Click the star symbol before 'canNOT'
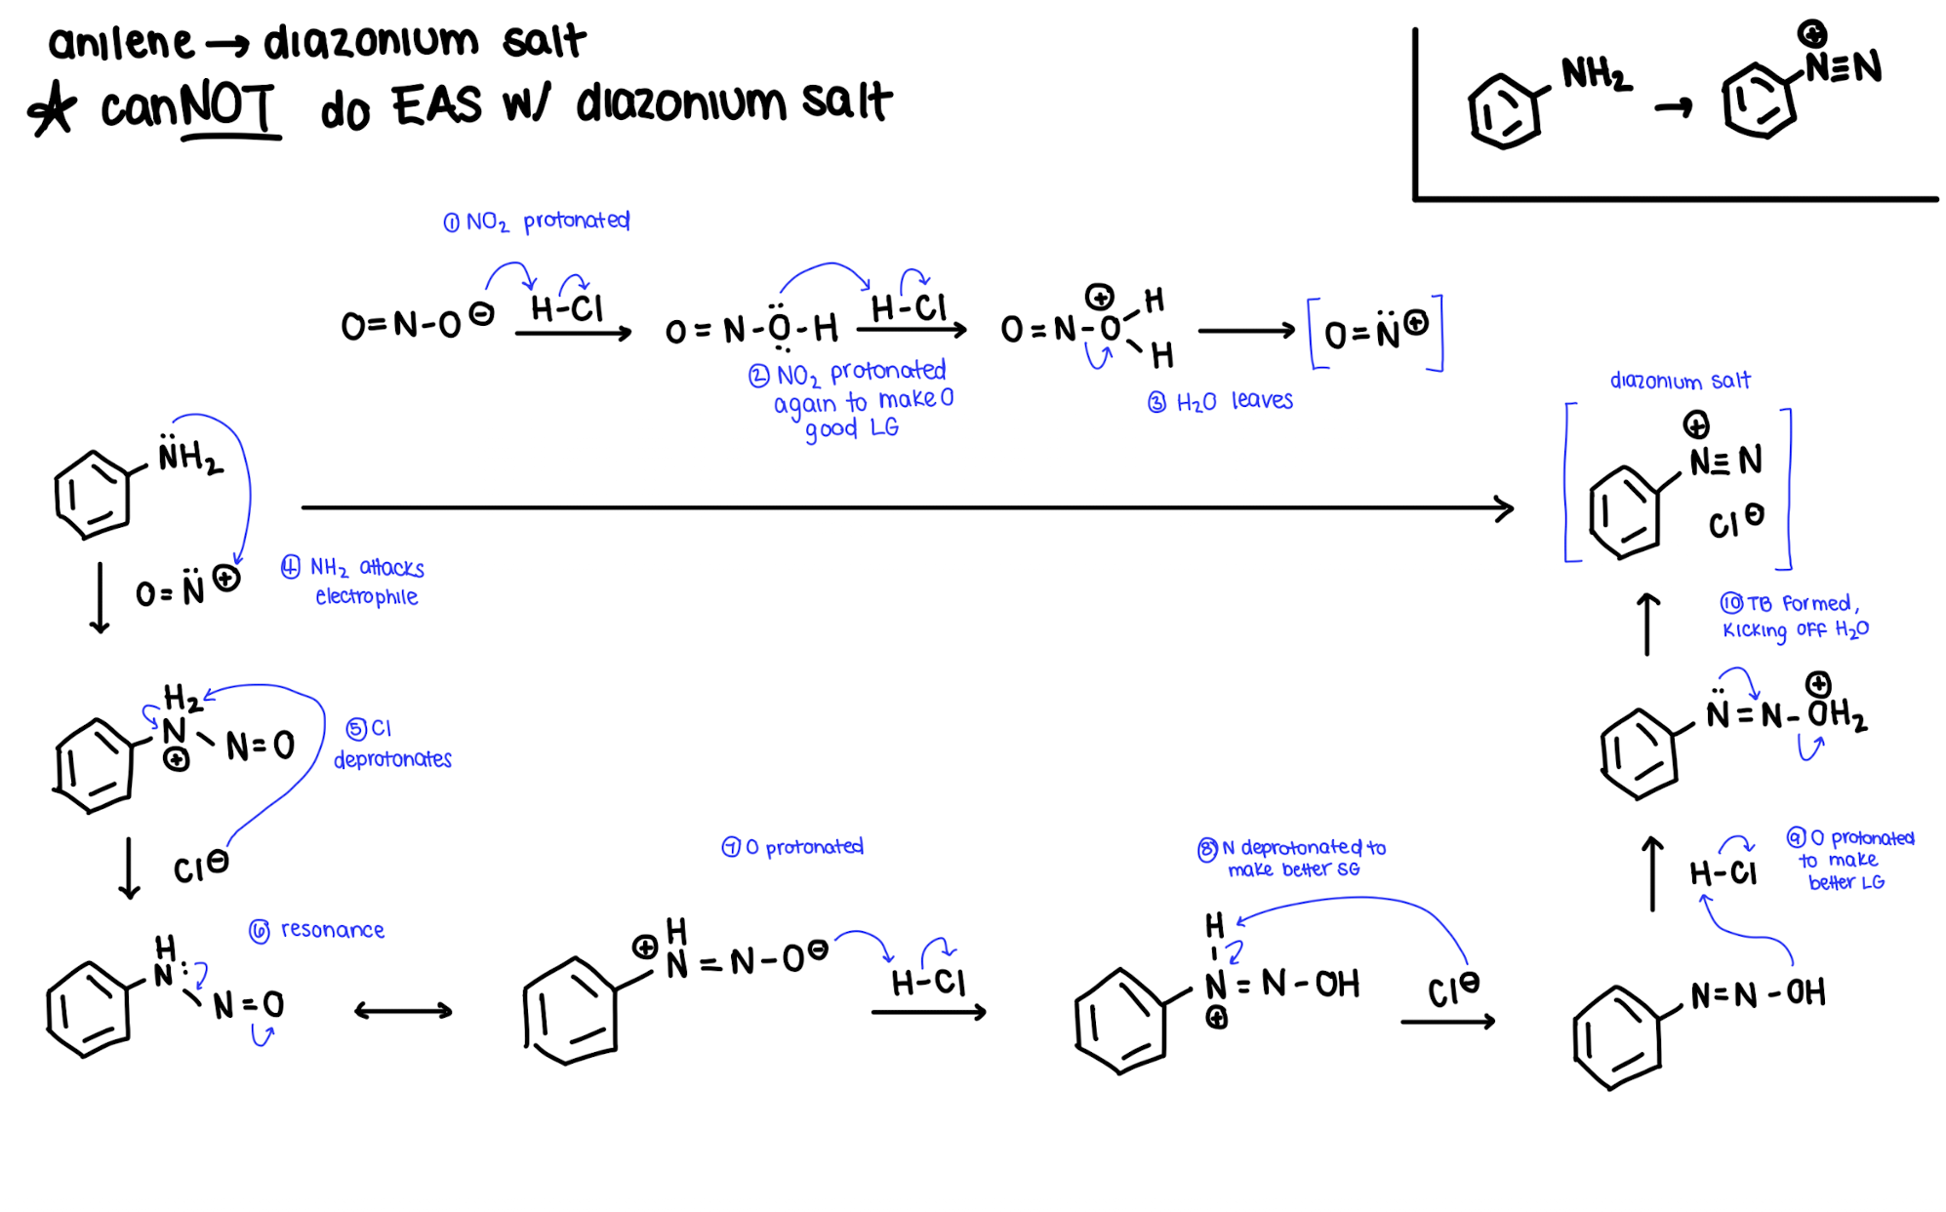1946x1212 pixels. pyautogui.click(x=52, y=107)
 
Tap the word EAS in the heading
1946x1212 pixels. pyautogui.click(x=436, y=105)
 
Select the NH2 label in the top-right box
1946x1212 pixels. pyautogui.click(x=1595, y=74)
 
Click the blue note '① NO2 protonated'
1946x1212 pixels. pyautogui.click(x=536, y=222)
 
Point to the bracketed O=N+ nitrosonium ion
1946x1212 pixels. pyautogui.click(x=1375, y=333)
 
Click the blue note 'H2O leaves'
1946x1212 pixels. pyautogui.click(x=1221, y=401)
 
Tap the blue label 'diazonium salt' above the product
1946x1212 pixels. pyautogui.click(x=1680, y=380)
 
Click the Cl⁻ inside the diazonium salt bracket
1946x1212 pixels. pyautogui.click(x=1734, y=521)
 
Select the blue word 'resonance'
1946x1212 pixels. pyautogui.click(x=332, y=930)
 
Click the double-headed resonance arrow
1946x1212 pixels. pyautogui.click(x=403, y=1011)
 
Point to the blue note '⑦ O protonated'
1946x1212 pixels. pyautogui.click(x=792, y=847)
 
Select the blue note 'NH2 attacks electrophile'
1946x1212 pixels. pyautogui.click(x=353, y=582)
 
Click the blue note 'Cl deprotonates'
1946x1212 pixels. pyautogui.click(x=391, y=745)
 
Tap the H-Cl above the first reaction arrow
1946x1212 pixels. pyautogui.click(x=567, y=308)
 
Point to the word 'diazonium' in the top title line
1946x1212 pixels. pyautogui.click(x=371, y=42)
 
